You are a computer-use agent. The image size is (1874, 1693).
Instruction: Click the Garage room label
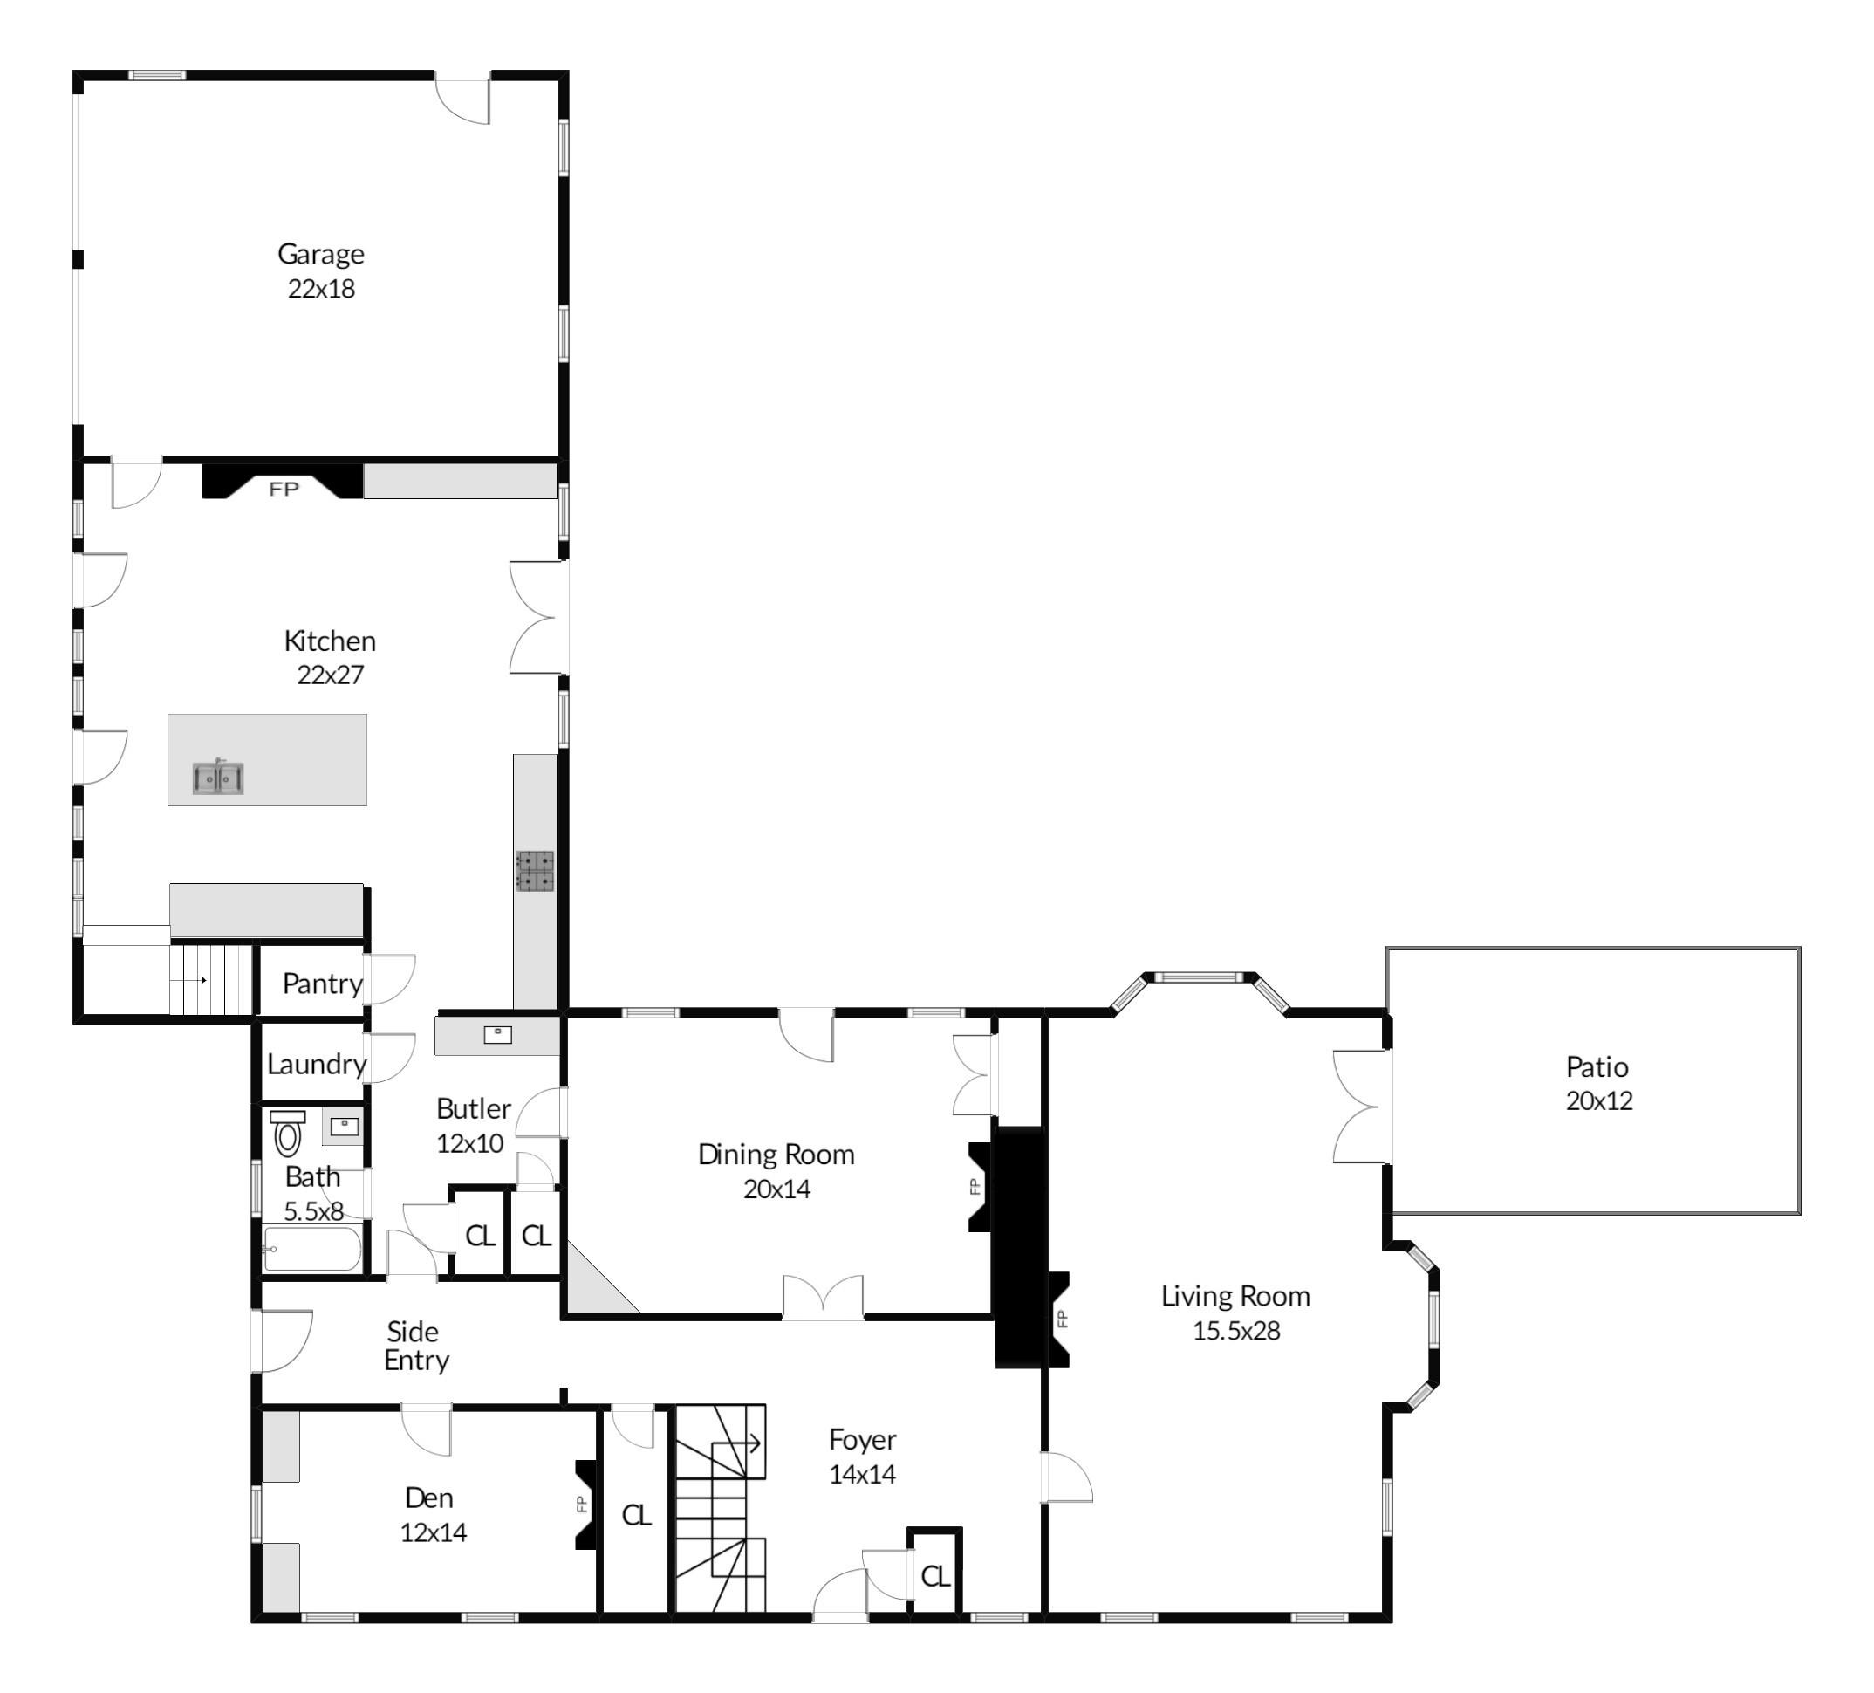click(x=321, y=254)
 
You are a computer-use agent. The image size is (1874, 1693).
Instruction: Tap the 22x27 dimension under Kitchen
click(x=330, y=675)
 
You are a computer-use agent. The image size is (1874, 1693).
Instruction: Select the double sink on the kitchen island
click(x=218, y=778)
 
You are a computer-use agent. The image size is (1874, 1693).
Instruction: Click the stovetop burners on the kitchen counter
click(x=536, y=872)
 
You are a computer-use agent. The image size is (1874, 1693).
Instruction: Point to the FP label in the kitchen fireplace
click(x=284, y=489)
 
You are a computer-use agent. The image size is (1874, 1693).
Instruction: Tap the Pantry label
click(x=322, y=984)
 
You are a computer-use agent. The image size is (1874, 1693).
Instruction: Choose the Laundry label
click(x=316, y=1065)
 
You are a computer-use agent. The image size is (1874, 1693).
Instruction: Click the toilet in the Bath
click(x=288, y=1134)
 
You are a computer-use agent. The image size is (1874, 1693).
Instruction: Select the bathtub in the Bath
click(x=312, y=1249)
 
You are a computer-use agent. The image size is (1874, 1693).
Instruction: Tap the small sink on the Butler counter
click(x=497, y=1035)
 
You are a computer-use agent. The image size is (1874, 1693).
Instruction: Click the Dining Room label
click(x=776, y=1155)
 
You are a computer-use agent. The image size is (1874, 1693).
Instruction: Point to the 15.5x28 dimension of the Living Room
click(x=1236, y=1331)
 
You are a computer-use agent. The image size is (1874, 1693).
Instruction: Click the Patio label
click(x=1597, y=1066)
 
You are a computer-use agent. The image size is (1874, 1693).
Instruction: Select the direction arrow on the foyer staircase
click(x=750, y=1443)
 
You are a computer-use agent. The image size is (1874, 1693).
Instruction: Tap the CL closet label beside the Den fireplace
click(x=636, y=1516)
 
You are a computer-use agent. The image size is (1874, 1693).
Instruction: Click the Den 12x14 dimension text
click(x=434, y=1532)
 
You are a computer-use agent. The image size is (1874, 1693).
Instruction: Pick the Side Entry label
click(x=415, y=1346)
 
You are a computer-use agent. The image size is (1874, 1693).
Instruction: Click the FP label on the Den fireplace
click(x=583, y=1504)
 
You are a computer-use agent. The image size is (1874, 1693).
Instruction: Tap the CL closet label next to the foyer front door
click(x=935, y=1576)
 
